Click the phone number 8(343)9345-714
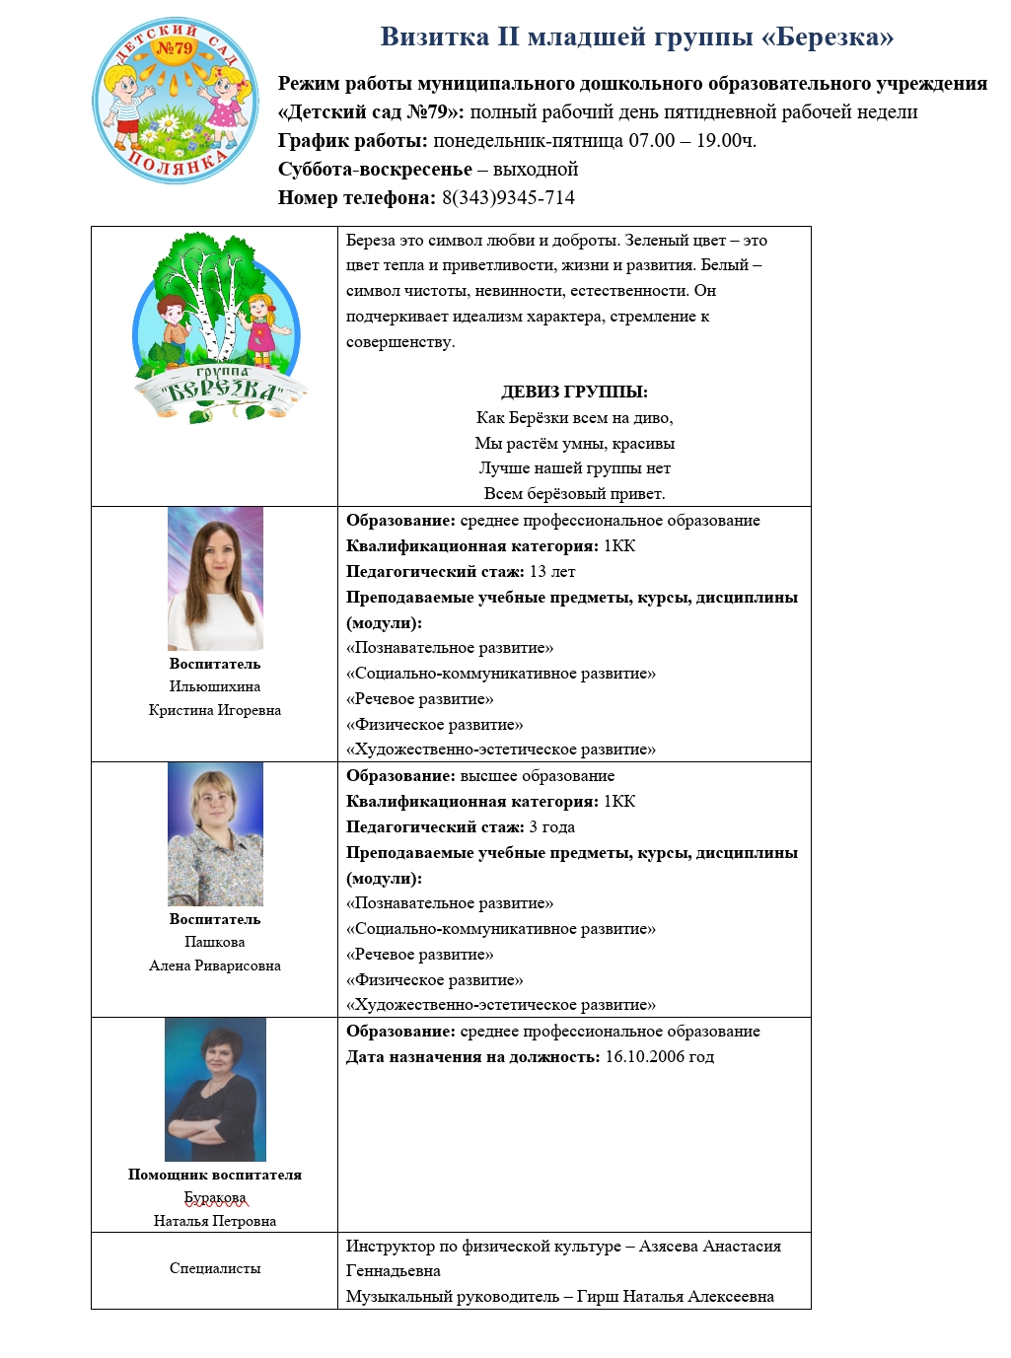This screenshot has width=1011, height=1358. [x=508, y=197]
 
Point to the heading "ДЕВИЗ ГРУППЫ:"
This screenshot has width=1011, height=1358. [x=574, y=392]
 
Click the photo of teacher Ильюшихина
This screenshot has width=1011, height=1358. [x=215, y=579]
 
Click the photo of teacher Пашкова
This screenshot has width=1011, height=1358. [x=215, y=834]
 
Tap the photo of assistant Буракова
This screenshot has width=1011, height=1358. [x=215, y=1090]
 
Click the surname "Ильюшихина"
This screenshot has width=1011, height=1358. [x=215, y=686]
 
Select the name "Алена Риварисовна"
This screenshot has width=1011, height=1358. [x=215, y=965]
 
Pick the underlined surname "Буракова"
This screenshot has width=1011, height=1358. [x=215, y=1197]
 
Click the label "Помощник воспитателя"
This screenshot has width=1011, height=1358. [x=215, y=1175]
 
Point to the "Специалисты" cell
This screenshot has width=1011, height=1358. [x=215, y=1268]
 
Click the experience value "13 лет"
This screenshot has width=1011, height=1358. [x=552, y=572]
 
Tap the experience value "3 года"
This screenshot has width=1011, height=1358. [x=552, y=827]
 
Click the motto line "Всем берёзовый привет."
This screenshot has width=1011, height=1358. [x=574, y=493]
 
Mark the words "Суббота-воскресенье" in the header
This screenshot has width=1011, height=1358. [x=375, y=169]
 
